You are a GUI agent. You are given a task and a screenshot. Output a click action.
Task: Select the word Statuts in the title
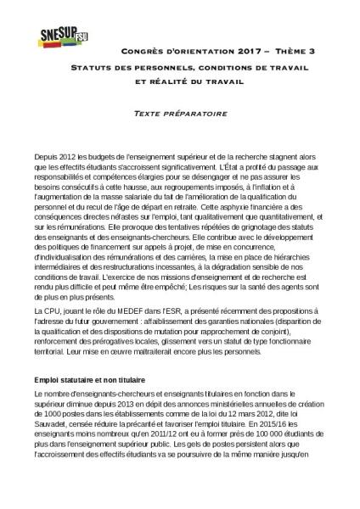pyautogui.click(x=93, y=67)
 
